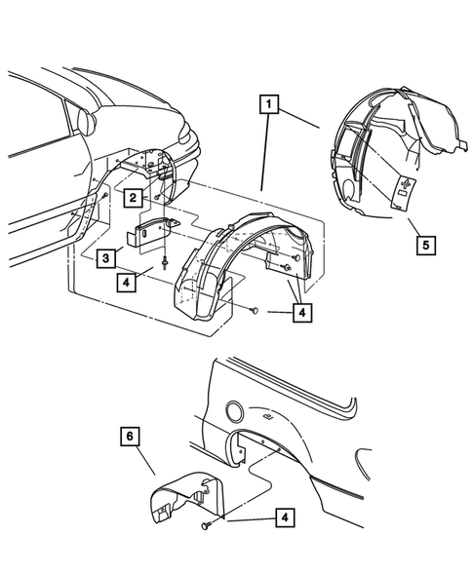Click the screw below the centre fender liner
(x=253, y=311)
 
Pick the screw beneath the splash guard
(x=208, y=526)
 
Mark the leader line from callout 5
(x=412, y=220)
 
